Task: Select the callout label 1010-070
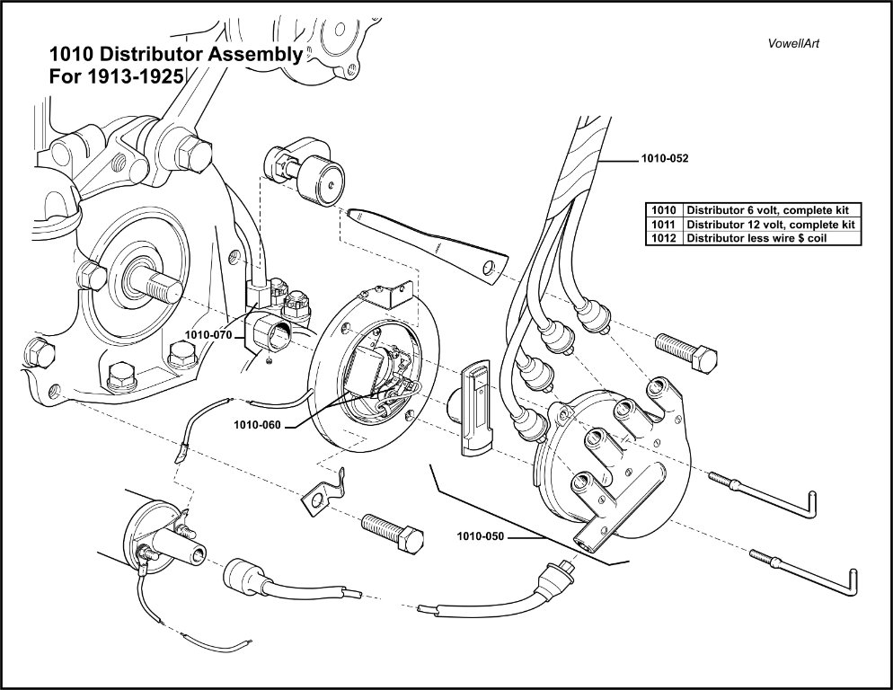tap(208, 334)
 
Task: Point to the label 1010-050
tap(482, 537)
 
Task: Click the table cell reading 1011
tap(665, 224)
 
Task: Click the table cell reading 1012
tap(665, 238)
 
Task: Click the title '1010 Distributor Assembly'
tap(175, 55)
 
